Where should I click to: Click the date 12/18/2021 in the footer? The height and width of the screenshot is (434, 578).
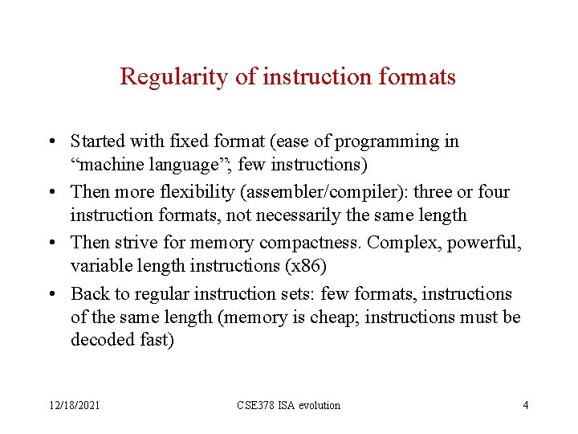(75, 406)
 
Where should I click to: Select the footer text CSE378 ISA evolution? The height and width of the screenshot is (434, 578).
(288, 406)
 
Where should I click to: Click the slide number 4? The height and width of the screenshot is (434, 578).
(525, 406)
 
